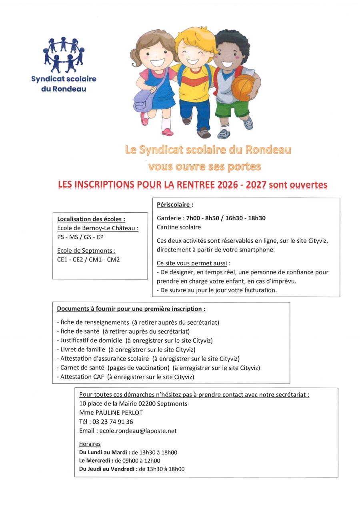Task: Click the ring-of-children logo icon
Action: point(64,54)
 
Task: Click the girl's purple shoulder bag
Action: point(143,100)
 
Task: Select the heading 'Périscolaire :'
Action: point(175,205)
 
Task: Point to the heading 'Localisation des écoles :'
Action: point(91,219)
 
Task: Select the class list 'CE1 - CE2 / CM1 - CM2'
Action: point(88,259)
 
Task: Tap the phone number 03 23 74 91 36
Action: point(113,421)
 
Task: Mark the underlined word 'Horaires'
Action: point(90,444)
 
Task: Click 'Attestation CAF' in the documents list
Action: point(82,377)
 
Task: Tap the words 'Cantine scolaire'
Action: point(179,227)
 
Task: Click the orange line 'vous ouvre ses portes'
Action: point(204,166)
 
